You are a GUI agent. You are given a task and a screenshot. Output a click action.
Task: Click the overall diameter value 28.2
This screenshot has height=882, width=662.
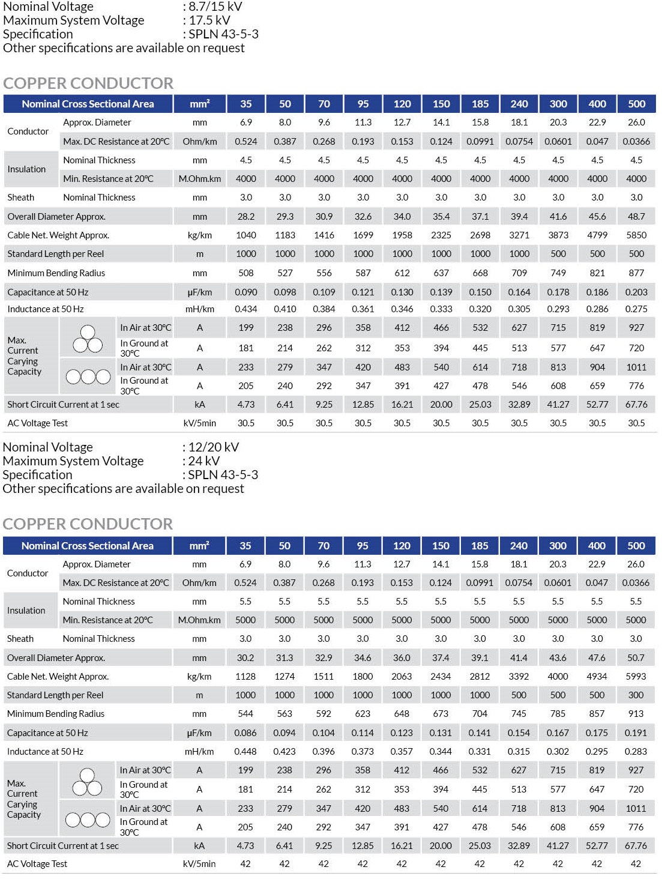pyautogui.click(x=246, y=216)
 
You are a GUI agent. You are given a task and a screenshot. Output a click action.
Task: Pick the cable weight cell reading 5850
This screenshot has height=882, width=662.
pyautogui.click(x=636, y=235)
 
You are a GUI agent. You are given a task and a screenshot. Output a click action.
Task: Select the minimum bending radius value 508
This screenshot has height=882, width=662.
pyautogui.click(x=246, y=273)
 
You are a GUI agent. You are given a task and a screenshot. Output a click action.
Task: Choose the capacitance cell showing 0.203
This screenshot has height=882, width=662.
pyautogui.click(x=636, y=292)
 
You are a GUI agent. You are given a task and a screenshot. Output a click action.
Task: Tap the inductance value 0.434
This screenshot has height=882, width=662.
pyautogui.click(x=246, y=309)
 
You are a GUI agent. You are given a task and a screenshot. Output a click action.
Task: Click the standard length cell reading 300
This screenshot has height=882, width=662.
pyautogui.click(x=636, y=695)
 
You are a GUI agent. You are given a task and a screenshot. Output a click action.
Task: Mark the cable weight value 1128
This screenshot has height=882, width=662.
pyautogui.click(x=245, y=677)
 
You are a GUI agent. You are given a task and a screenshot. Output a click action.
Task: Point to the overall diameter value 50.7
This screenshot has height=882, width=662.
pyautogui.click(x=636, y=658)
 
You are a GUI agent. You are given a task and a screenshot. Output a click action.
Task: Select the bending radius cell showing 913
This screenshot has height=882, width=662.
pyautogui.click(x=636, y=714)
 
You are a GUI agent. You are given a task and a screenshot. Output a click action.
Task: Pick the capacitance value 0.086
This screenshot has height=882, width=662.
pyautogui.click(x=245, y=733)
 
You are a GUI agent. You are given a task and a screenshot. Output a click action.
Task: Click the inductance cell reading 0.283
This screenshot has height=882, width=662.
pyautogui.click(x=636, y=752)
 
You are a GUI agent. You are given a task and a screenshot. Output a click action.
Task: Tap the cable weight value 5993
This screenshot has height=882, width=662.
pyautogui.click(x=636, y=677)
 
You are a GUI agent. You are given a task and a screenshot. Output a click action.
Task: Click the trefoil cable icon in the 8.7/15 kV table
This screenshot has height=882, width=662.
pyautogui.click(x=88, y=339)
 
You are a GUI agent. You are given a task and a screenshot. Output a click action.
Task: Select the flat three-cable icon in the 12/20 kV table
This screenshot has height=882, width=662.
pyautogui.click(x=88, y=820)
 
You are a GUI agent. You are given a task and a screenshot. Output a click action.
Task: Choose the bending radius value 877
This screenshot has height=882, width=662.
pyautogui.click(x=636, y=273)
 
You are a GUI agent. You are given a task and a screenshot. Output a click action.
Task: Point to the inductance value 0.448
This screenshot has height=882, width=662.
pyautogui.click(x=245, y=752)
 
